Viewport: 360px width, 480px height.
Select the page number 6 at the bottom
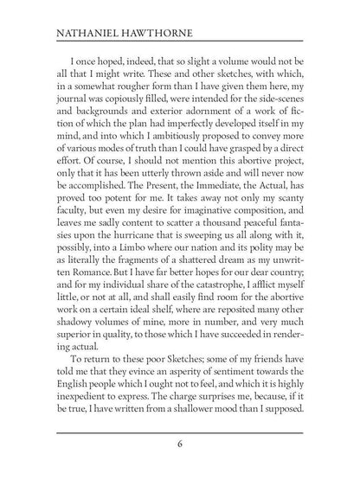point(179,446)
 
